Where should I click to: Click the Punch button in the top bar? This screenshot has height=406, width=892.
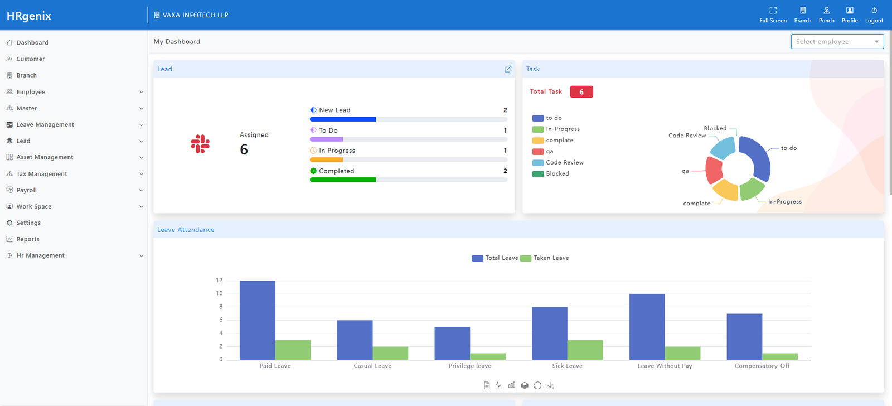click(826, 15)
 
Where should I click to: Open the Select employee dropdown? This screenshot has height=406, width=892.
click(837, 42)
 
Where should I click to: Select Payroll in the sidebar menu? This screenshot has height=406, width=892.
click(27, 190)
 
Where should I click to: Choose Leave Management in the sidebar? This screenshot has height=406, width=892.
click(45, 125)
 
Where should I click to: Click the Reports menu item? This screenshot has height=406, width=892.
click(28, 239)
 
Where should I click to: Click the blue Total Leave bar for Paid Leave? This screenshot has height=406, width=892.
click(257, 320)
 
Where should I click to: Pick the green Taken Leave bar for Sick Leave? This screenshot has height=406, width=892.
click(585, 350)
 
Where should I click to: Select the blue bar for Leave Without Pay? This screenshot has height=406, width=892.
click(647, 327)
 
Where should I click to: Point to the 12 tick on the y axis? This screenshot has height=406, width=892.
click(219, 281)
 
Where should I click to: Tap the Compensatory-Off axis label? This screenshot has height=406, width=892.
click(762, 366)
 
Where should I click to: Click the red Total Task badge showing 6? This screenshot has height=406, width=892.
click(581, 92)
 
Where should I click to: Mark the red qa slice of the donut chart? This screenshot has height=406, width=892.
click(713, 170)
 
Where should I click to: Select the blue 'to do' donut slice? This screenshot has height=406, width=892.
click(757, 156)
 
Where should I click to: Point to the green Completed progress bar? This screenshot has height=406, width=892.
click(343, 180)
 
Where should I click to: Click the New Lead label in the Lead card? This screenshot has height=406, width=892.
click(334, 110)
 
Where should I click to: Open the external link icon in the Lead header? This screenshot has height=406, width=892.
click(508, 69)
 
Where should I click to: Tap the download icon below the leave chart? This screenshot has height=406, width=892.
click(550, 385)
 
